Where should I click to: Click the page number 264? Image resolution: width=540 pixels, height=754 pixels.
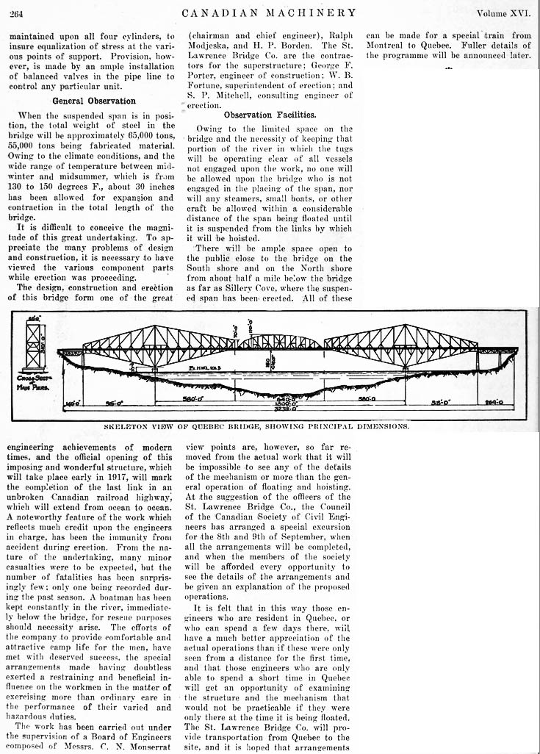coord(18,12)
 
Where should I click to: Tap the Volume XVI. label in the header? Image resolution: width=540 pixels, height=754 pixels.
coord(503,12)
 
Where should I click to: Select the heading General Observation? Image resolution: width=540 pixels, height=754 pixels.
coord(93,101)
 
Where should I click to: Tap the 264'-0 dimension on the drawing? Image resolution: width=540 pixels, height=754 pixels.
coord(500,402)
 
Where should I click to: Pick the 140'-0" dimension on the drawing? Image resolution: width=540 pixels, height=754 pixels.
coord(71,403)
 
